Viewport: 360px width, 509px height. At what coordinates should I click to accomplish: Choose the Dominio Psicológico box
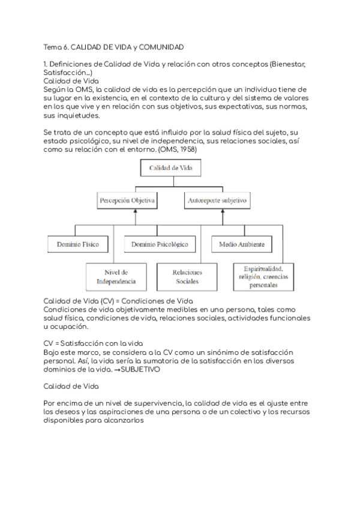pos(160,244)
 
